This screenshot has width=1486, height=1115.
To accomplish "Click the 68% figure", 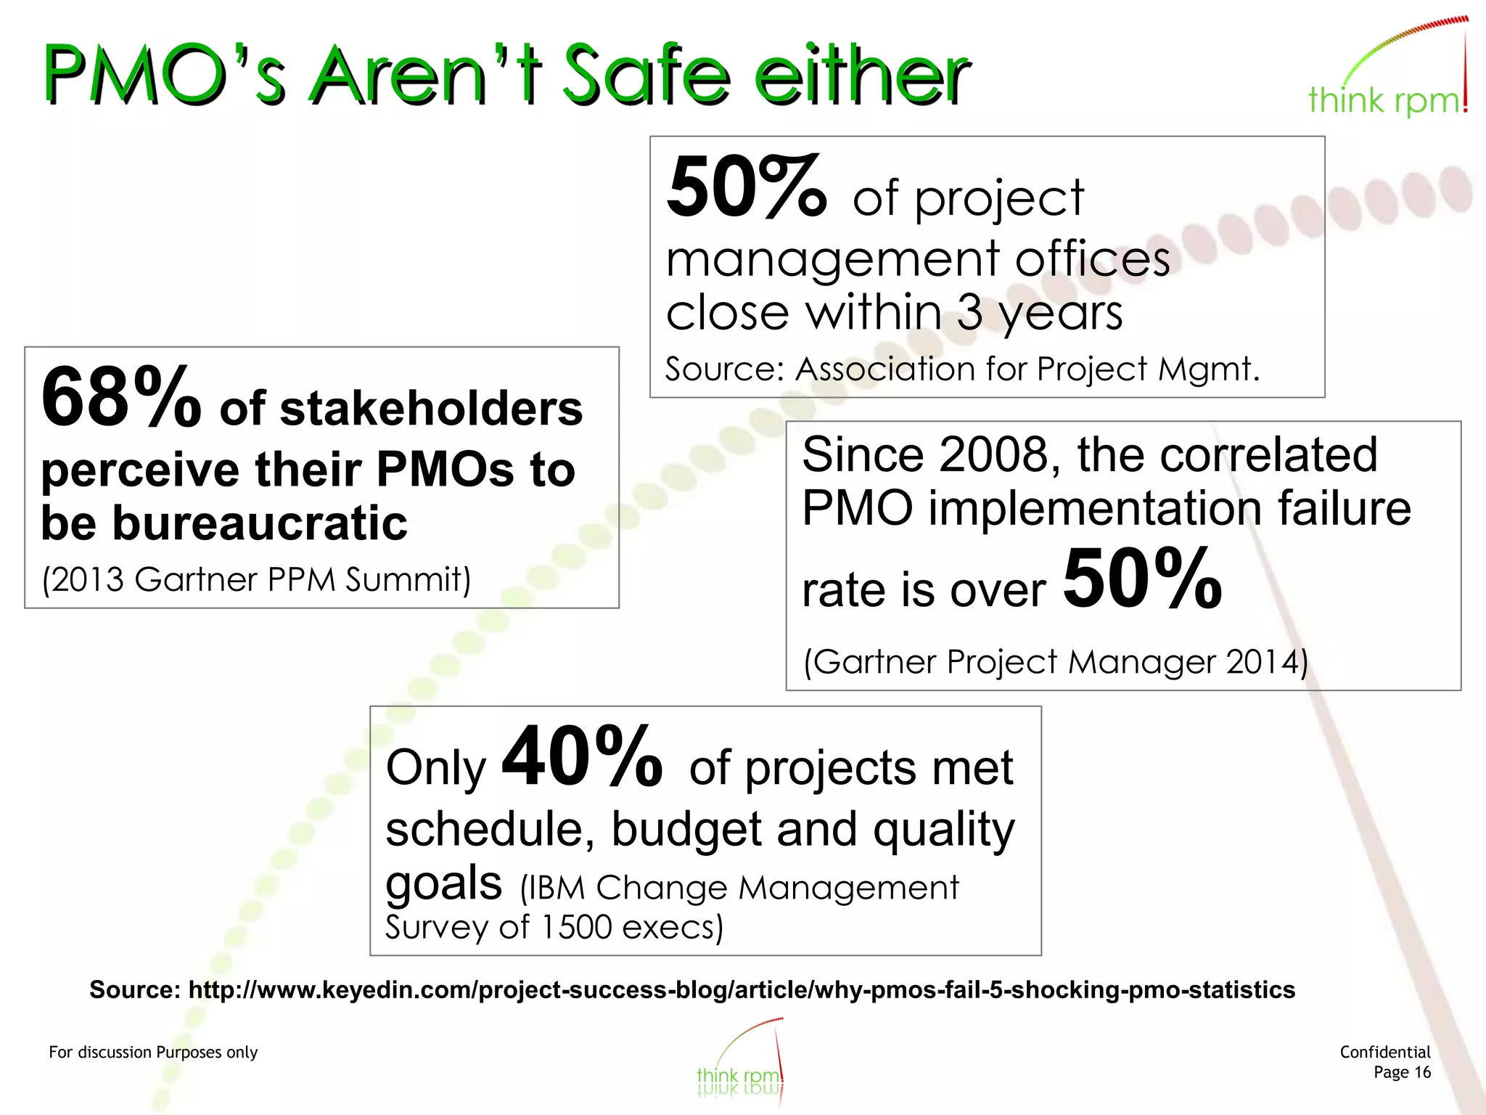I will (x=120, y=398).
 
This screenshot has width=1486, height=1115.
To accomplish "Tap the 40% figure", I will (x=582, y=757).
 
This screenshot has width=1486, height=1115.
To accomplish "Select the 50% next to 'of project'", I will (x=746, y=189).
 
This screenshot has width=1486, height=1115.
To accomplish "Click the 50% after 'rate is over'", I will (x=1142, y=579).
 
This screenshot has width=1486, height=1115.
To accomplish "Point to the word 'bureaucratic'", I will (x=259, y=523).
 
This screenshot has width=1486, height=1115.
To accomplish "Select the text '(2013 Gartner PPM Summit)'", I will (x=256, y=580).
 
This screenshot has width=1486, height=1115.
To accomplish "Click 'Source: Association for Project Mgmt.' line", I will (x=962, y=369).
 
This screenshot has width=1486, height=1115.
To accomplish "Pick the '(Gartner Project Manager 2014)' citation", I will (x=1056, y=662).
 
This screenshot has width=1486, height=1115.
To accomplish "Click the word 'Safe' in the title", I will (x=646, y=75).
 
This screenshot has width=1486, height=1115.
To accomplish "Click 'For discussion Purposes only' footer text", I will (x=153, y=1053).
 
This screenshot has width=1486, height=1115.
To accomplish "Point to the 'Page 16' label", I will (x=1402, y=1073).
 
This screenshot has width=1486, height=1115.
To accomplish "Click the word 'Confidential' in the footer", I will (x=1384, y=1053).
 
